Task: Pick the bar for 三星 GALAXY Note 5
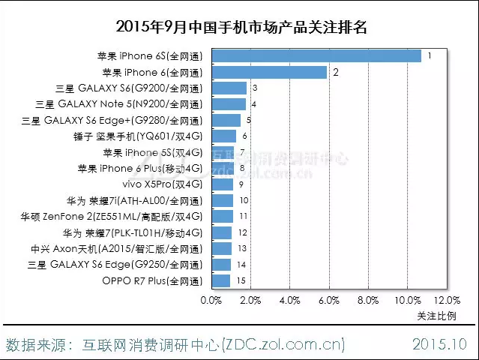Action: [x=229, y=104]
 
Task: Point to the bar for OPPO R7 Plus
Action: [x=221, y=281]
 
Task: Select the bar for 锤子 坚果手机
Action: [x=224, y=136]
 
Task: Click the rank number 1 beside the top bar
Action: [x=430, y=56]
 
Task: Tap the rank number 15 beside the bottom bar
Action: [x=241, y=281]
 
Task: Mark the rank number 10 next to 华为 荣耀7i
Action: [x=244, y=201]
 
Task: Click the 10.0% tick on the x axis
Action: [x=408, y=301]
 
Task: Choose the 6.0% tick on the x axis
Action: [x=329, y=301]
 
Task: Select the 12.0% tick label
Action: [x=447, y=301]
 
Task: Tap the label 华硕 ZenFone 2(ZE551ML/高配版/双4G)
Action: [x=112, y=217]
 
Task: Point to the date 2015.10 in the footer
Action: [x=439, y=344]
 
